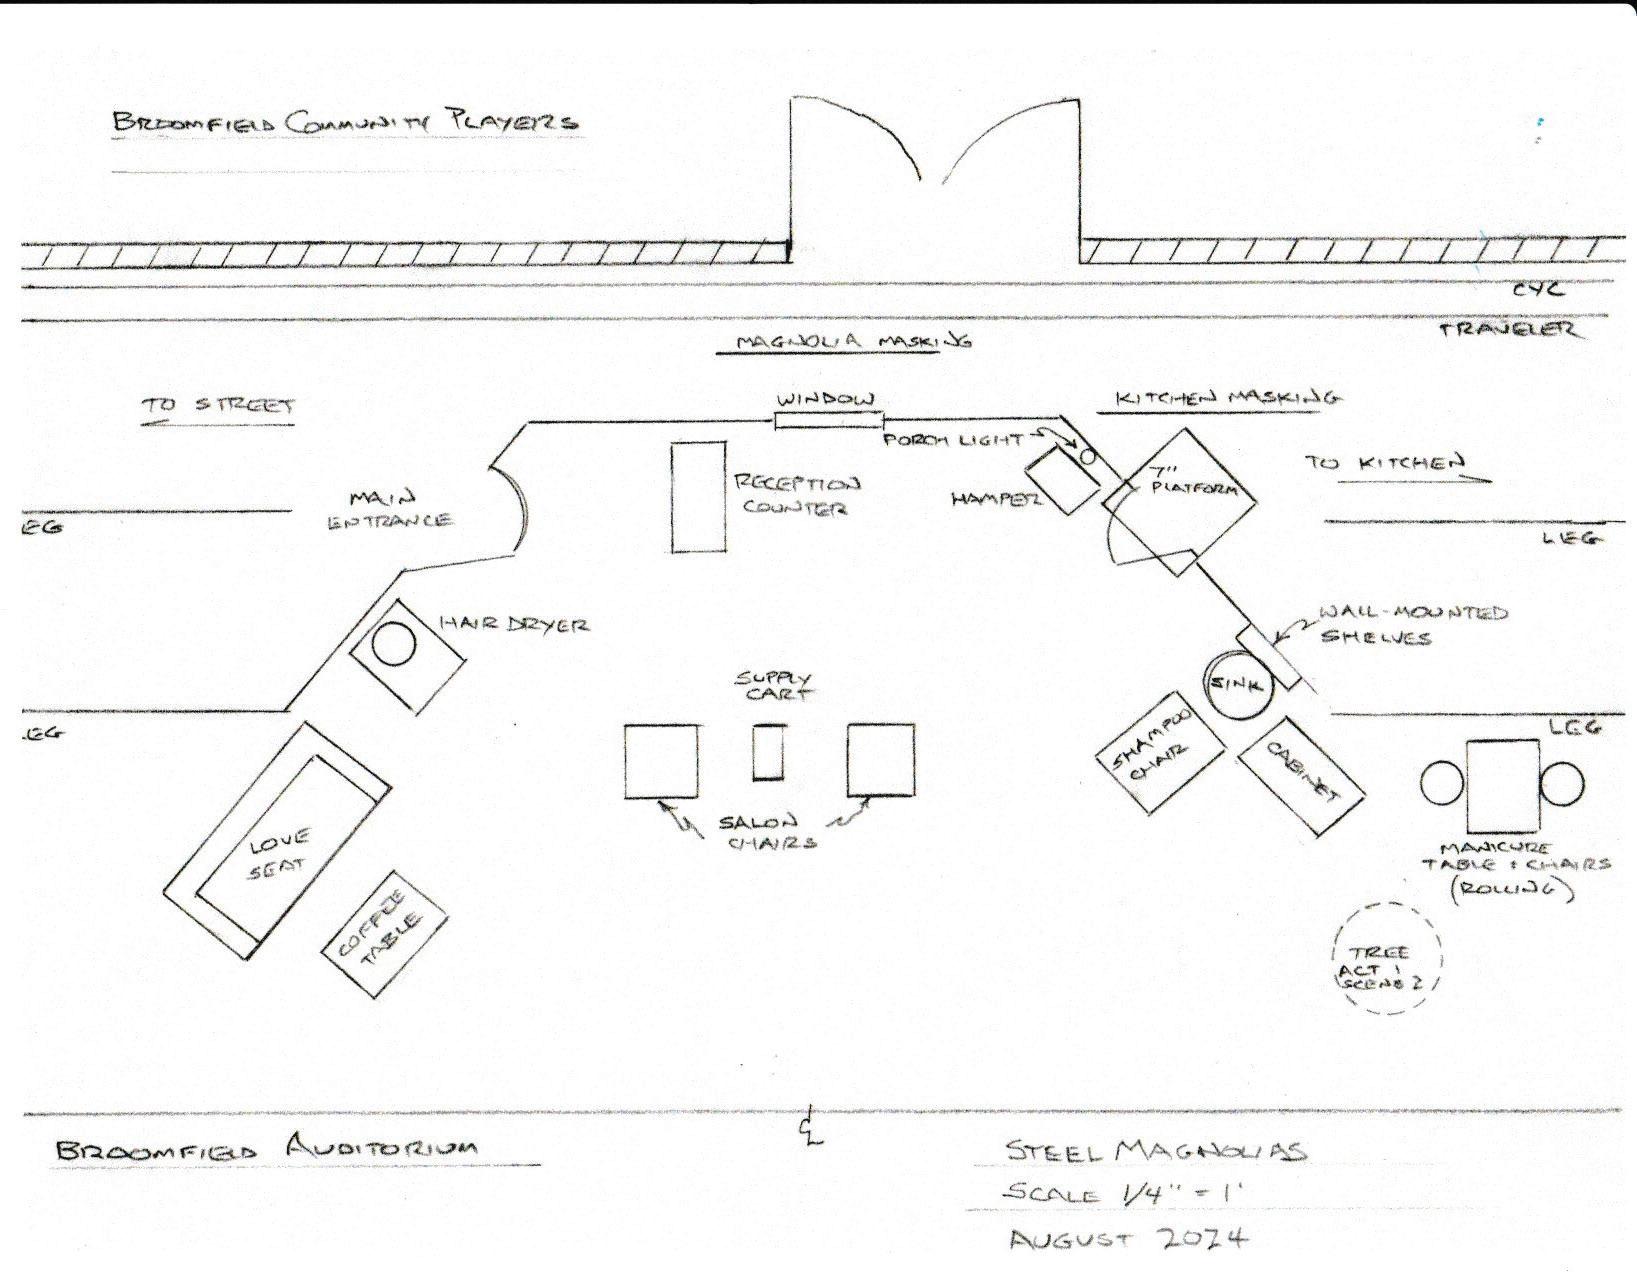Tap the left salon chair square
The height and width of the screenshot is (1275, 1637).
point(661,761)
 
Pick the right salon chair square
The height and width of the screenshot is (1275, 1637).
point(881,760)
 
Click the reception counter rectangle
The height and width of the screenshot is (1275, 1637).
point(698,496)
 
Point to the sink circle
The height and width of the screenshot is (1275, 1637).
point(1237,683)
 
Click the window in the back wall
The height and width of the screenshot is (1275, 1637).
point(829,420)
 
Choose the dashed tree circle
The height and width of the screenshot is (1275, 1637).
point(1387,959)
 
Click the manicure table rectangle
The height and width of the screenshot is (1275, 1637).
point(1502,784)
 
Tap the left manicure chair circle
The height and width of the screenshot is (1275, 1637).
point(1441,783)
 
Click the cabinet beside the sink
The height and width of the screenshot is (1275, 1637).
point(1301,774)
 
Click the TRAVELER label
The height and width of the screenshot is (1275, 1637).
point(1511,329)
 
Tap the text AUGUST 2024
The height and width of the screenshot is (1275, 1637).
point(1128,1239)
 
